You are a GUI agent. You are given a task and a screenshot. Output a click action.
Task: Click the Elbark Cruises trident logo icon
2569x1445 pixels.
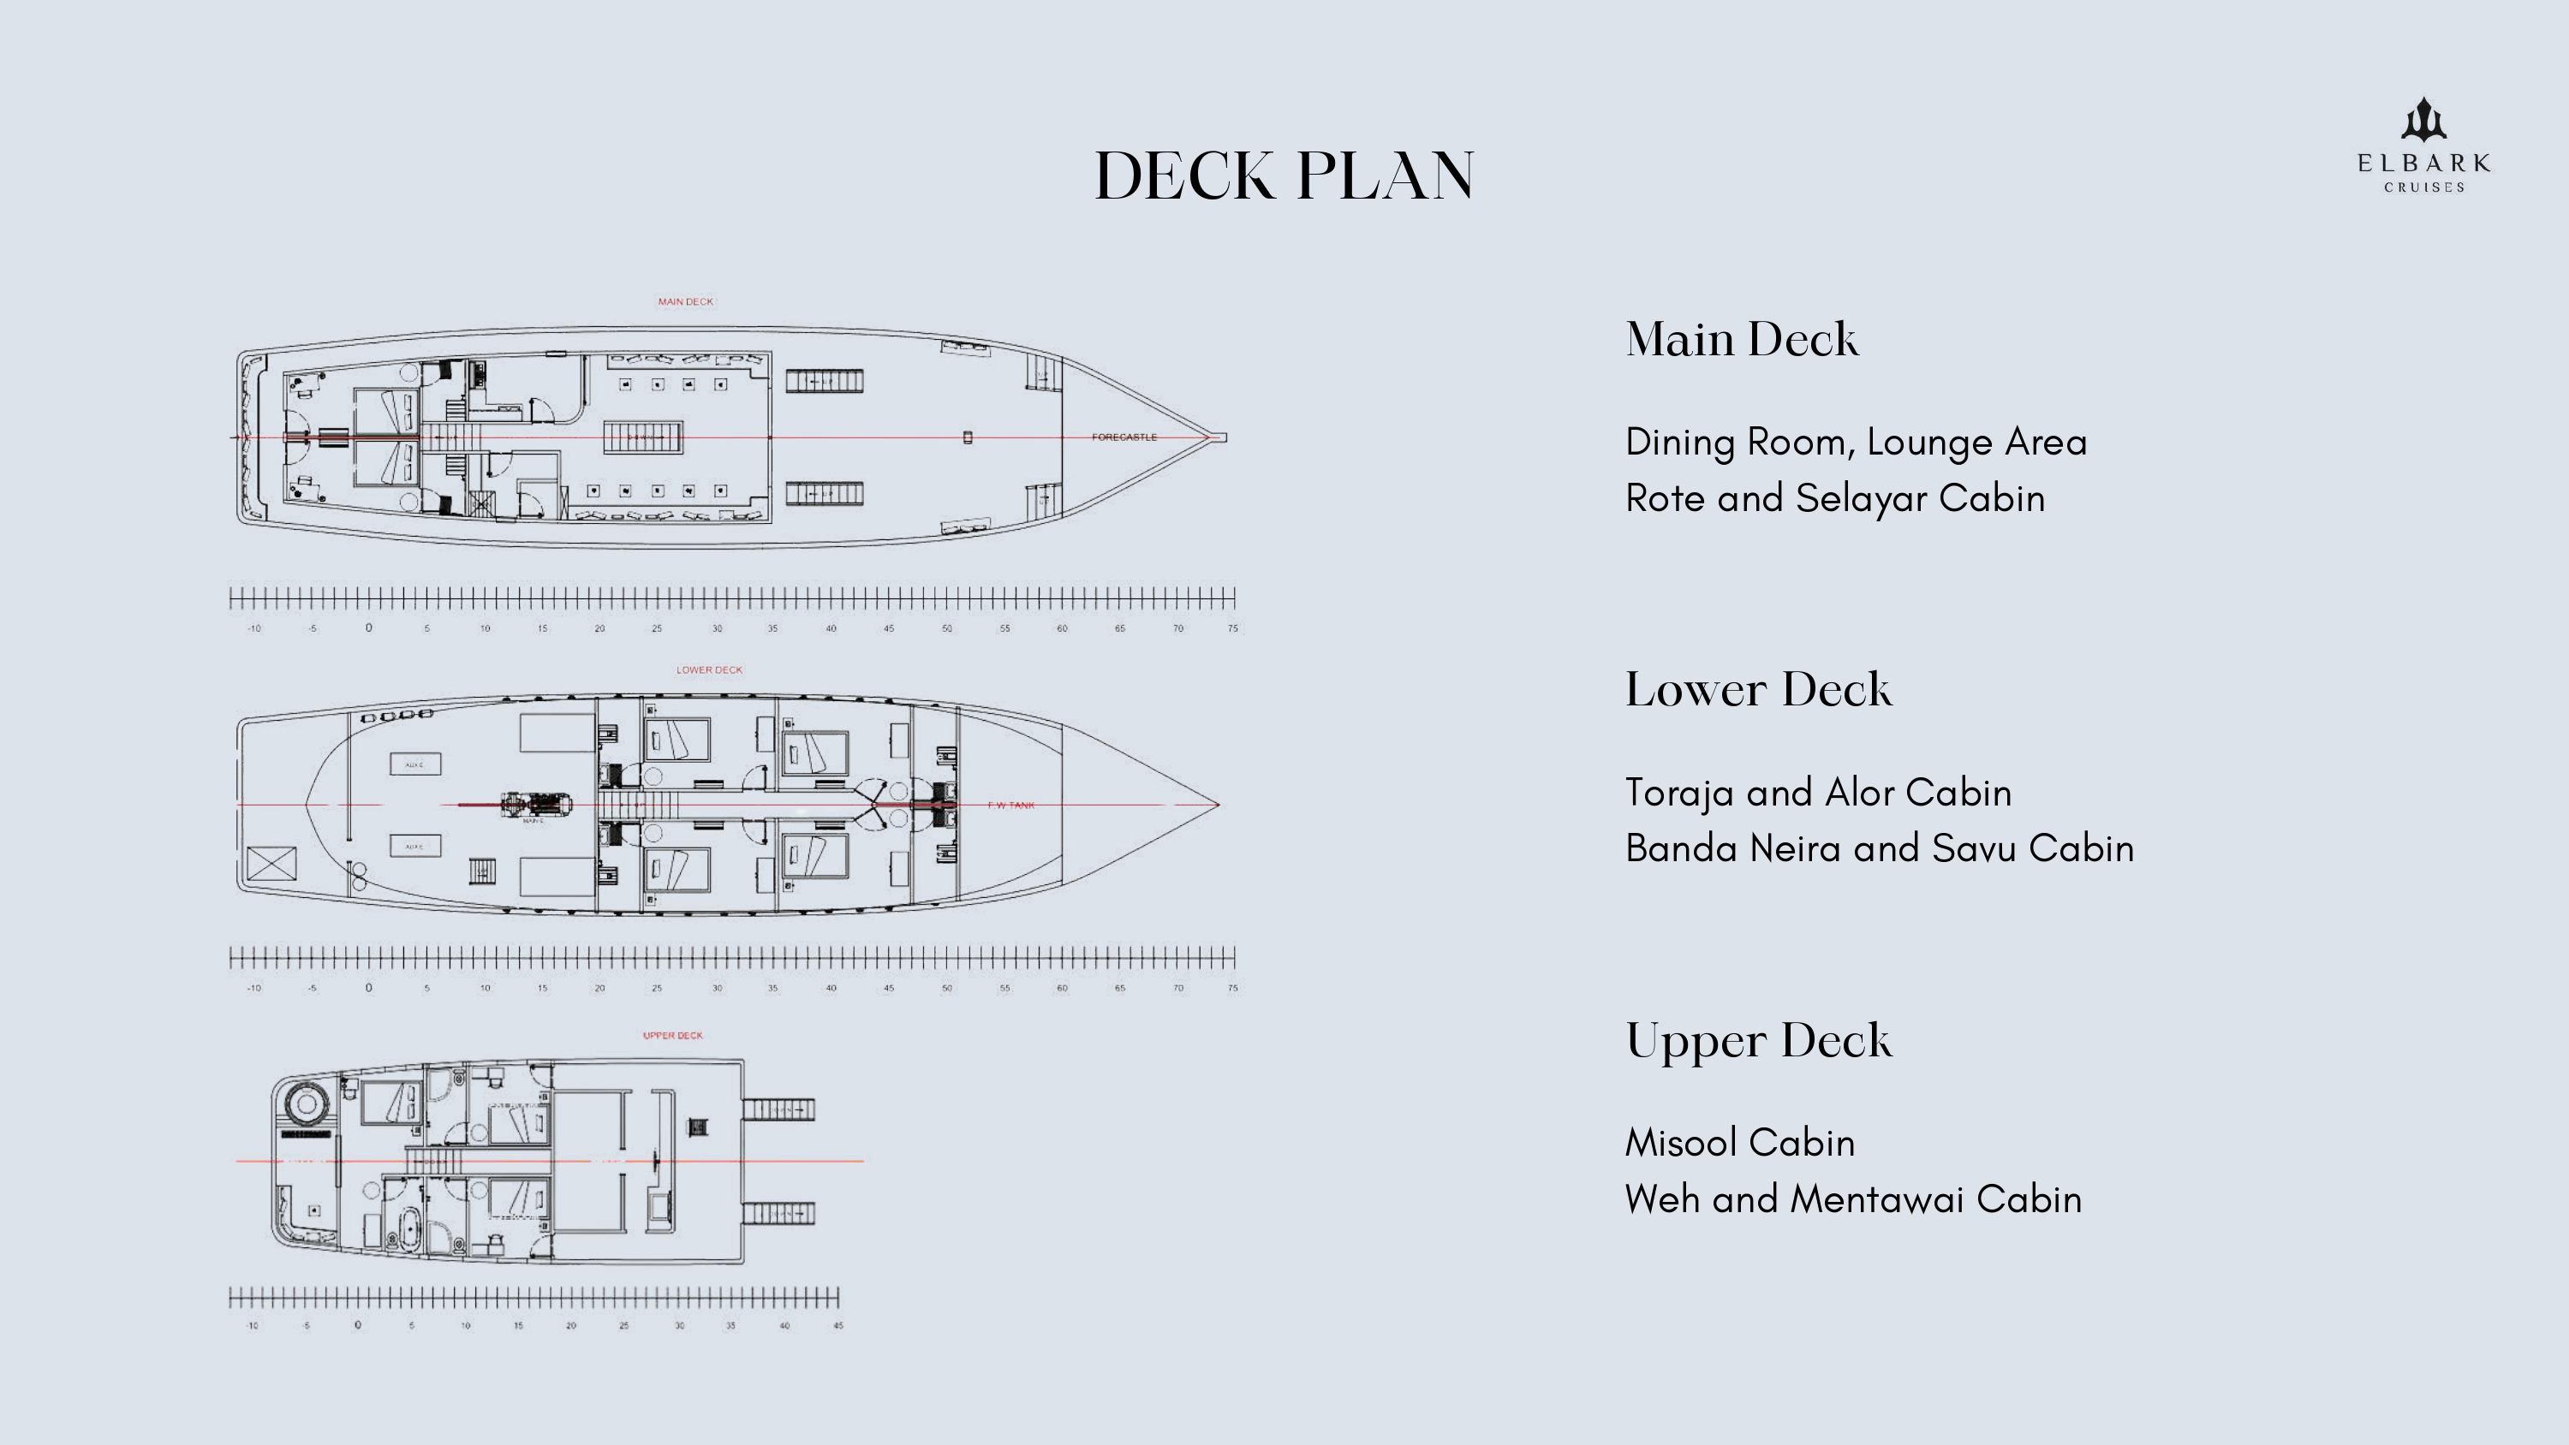point(2423,121)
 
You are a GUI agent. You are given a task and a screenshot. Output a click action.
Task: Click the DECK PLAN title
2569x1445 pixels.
point(1284,176)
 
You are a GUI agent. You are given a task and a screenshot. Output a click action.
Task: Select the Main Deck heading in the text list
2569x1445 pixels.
point(1741,340)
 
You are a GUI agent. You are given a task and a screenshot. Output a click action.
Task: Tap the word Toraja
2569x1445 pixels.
point(1679,794)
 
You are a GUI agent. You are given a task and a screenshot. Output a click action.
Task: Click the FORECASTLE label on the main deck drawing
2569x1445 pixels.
point(1124,437)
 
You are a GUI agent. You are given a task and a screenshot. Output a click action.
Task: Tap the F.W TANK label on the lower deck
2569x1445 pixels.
point(1010,805)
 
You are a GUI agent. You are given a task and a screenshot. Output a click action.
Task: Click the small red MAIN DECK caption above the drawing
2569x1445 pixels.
point(685,301)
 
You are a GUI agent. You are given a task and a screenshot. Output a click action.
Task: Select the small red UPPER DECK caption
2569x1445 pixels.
point(672,1035)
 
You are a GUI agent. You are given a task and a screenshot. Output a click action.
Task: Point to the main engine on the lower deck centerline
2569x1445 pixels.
point(535,805)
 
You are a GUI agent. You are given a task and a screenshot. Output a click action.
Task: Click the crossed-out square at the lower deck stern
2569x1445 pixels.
point(271,863)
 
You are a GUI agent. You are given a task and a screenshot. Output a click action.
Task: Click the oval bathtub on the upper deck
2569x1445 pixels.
point(408,1228)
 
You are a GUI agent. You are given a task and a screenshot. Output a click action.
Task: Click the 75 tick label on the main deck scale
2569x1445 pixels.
point(1232,628)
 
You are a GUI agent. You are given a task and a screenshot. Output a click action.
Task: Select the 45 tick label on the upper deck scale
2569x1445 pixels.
point(837,1325)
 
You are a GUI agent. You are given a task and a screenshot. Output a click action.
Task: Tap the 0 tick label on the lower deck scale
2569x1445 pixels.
point(369,988)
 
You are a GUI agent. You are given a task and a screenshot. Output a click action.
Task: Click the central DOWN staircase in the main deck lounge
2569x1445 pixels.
point(643,437)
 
